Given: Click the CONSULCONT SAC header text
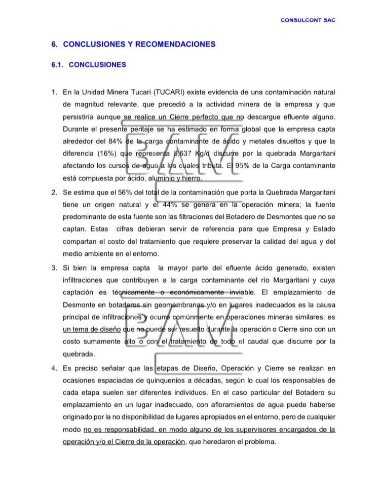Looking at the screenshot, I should coord(308,20).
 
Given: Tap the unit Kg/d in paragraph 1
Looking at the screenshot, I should coord(203,154).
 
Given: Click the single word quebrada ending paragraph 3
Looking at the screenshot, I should coord(79,354).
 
